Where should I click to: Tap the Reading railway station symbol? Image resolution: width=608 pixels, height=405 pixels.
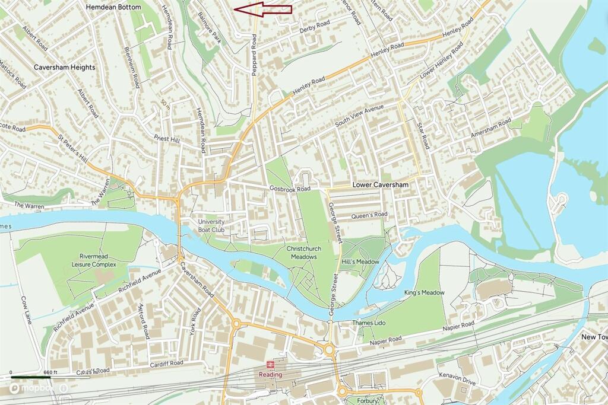pyautogui.click(x=269, y=364)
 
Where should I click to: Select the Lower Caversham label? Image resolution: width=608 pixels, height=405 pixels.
pyautogui.click(x=381, y=185)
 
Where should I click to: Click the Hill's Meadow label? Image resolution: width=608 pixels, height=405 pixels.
pyautogui.click(x=360, y=262)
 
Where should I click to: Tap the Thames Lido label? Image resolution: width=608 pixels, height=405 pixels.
pyautogui.click(x=369, y=323)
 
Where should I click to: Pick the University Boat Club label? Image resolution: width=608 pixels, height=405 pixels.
pyautogui.click(x=211, y=226)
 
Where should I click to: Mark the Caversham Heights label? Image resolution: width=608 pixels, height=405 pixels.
pyautogui.click(x=64, y=68)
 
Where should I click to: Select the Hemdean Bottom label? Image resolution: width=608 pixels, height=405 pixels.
pyautogui.click(x=113, y=7)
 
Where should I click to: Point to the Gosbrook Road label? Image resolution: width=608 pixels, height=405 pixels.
pyautogui.click(x=290, y=189)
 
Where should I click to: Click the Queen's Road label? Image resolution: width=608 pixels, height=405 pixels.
pyautogui.click(x=369, y=215)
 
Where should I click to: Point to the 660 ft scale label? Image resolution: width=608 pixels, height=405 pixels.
pyautogui.click(x=51, y=372)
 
